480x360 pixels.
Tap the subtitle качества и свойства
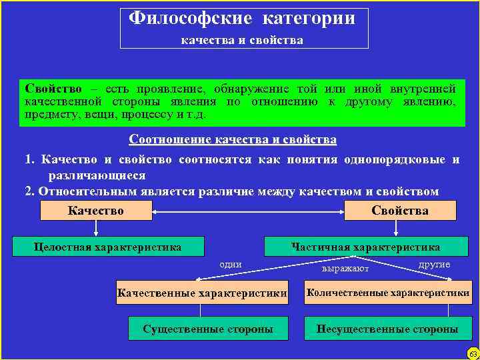[243, 41]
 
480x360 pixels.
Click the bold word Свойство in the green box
[53, 89]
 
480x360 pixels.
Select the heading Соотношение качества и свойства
[233, 140]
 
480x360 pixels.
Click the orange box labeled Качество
[96, 211]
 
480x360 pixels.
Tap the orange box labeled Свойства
[400, 211]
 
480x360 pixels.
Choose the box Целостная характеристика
[108, 247]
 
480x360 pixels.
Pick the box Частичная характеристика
[365, 247]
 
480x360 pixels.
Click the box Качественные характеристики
[201, 293]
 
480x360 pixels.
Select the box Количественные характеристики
[387, 293]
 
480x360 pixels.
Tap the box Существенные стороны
[208, 329]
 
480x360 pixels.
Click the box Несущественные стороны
[387, 329]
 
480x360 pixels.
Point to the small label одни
[231, 265]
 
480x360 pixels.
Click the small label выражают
[345, 269]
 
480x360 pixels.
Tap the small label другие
[434, 265]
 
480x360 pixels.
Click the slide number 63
[473, 353]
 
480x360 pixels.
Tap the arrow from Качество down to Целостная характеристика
[96, 229]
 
